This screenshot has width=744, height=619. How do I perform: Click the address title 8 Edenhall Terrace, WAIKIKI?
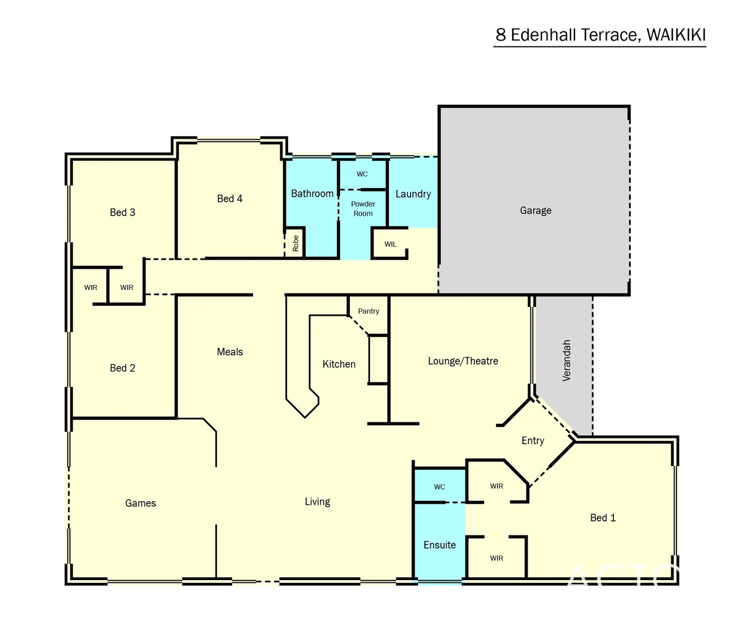[600, 35]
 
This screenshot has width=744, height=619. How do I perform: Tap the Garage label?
[536, 210]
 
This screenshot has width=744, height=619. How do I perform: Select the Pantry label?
[368, 311]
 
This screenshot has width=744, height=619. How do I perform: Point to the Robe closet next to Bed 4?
[296, 244]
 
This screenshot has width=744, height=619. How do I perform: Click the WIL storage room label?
[390, 244]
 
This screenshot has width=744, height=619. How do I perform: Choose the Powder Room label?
[363, 209]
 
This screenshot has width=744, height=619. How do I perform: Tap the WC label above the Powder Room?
[362, 174]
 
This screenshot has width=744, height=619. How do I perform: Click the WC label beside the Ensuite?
[439, 487]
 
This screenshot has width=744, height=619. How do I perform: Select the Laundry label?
[413, 194]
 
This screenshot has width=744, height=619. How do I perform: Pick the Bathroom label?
[312, 194]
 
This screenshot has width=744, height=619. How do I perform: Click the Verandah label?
[566, 361]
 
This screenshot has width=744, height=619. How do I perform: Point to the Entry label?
[533, 440]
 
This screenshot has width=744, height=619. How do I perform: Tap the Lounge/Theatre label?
[463, 361]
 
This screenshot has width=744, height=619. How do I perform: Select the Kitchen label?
[339, 364]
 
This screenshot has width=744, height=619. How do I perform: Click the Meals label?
[230, 352]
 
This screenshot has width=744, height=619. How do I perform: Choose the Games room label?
[140, 503]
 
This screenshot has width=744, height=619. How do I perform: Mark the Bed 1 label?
[603, 518]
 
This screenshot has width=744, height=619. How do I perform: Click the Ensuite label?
[439, 545]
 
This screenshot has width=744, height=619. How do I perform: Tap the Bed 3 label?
[123, 212]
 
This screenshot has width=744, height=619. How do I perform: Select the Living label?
[317, 502]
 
